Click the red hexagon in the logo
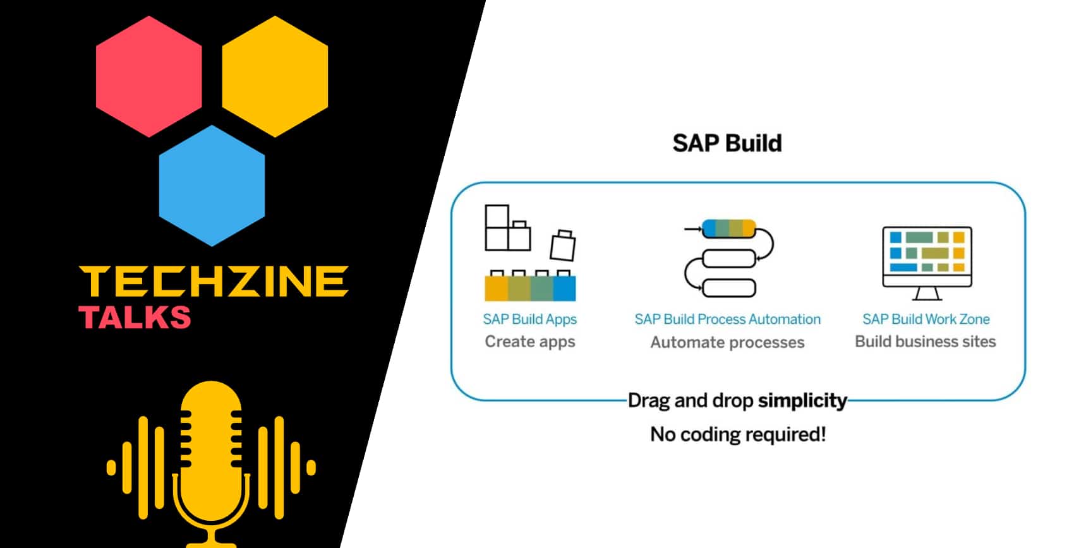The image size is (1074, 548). pos(149,76)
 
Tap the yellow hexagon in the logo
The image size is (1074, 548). pos(275,76)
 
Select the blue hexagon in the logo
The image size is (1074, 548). pos(212,186)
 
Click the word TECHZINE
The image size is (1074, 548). pos(214,282)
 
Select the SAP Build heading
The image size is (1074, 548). pos(727,143)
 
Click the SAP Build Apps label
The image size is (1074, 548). pos(529,319)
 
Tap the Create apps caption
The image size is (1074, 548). pos(529,342)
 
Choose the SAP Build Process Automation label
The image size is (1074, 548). pos(727,319)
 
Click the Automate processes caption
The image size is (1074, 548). pos(727,342)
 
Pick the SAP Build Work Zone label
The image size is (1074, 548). pos(926,319)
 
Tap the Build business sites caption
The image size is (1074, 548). pos(926,342)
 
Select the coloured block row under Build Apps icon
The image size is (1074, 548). pos(530,288)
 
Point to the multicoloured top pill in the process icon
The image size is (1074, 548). pos(729,229)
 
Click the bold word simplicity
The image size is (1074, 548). pos(802,401)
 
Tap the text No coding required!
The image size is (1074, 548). pos(738,434)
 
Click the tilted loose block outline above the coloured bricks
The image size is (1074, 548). pos(562,245)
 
